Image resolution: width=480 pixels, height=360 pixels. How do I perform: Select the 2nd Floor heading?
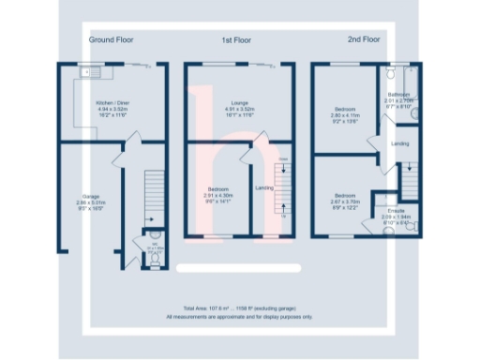click(x=365, y=40)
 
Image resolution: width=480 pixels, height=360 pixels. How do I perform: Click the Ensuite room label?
click(x=396, y=213)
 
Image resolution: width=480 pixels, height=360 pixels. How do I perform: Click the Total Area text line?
click(x=239, y=308)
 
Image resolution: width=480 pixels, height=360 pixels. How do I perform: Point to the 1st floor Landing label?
click(x=264, y=188)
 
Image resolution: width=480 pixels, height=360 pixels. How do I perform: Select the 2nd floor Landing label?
click(x=399, y=143)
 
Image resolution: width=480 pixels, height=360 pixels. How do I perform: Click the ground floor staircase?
click(x=151, y=197)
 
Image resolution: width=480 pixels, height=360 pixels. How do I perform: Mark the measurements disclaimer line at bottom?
click(x=239, y=317)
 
